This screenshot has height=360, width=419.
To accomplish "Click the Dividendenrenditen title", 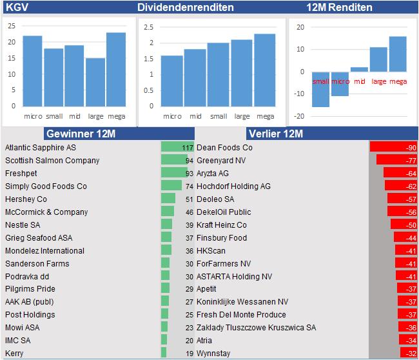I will point(186,8).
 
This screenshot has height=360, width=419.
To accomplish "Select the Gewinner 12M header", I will point(80,134).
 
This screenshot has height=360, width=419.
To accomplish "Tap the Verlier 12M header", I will point(275,134).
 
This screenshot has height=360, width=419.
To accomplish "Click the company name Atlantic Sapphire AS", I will point(41,147).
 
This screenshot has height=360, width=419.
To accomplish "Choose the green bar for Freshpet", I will point(174,173).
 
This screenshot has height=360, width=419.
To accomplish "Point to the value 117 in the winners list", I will point(188,148).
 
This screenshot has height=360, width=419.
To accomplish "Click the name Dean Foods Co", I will point(224,148).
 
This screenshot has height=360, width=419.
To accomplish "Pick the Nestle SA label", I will point(23,225).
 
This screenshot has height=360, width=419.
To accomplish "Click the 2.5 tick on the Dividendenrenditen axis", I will point(149,27).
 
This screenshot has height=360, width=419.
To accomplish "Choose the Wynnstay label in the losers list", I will point(213,354).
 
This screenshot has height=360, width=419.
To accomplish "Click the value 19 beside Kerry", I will point(190,354).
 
